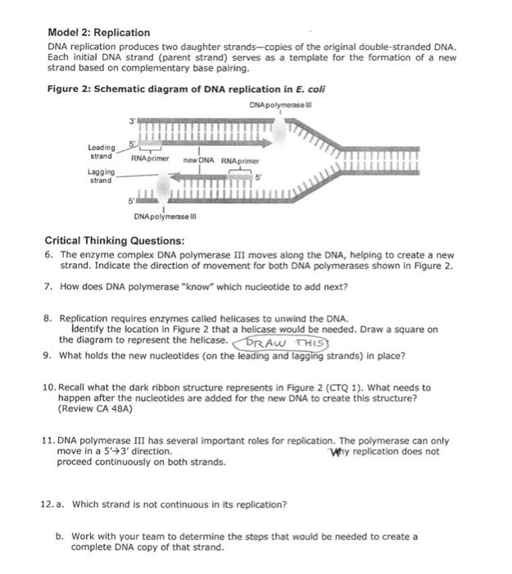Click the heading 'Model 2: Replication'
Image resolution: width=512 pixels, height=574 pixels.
pyautogui.click(x=97, y=33)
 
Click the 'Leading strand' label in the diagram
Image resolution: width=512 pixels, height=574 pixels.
pyautogui.click(x=101, y=152)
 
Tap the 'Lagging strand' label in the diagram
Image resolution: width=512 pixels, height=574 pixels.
pyautogui.click(x=101, y=176)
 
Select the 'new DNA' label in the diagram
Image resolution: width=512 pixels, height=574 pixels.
pyautogui.click(x=199, y=161)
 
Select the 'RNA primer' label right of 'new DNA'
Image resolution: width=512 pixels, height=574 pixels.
pyautogui.click(x=239, y=162)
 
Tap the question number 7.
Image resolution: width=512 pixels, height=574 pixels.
pyautogui.click(x=48, y=287)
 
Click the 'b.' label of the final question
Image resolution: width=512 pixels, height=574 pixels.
pyautogui.click(x=60, y=536)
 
